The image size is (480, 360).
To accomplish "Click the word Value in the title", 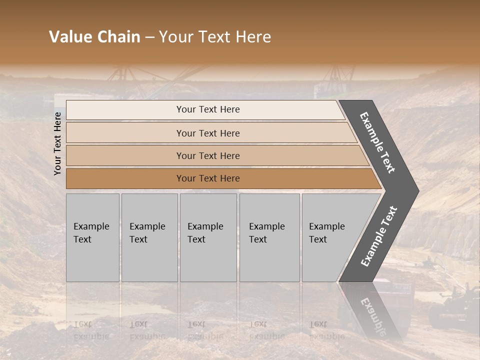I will point(69,37).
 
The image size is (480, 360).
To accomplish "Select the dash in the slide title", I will point(149,37).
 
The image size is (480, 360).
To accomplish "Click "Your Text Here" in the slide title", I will point(215,37).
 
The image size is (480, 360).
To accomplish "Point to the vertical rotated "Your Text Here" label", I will point(57,143).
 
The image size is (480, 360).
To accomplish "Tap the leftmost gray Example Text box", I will point(92,237).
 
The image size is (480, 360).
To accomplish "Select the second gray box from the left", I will point(149,237).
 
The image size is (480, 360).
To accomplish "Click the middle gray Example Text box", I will point(208,237).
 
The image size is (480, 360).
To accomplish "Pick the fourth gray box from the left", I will point(269,237).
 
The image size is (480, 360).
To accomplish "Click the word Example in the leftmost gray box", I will point(91,226).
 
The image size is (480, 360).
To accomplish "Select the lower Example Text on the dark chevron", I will point(379,236).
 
